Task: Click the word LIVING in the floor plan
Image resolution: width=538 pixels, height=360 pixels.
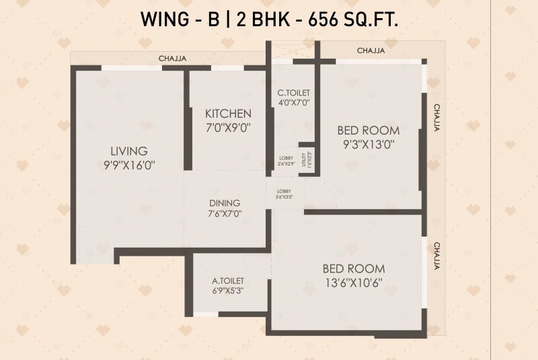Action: pos(129,151)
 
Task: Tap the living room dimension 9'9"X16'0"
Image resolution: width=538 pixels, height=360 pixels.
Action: pos(129,164)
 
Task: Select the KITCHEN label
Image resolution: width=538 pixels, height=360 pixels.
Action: pos(229,114)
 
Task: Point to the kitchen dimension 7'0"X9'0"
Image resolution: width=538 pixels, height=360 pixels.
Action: pos(229,127)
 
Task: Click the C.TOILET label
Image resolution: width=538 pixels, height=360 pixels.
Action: pos(293,93)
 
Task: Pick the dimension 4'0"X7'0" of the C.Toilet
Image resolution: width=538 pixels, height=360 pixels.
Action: pos(293,103)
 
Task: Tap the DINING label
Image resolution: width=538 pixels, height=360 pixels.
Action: pos(224,203)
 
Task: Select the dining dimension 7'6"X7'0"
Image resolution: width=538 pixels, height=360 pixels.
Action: pos(224,213)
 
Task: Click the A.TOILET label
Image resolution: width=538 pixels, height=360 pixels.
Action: pos(228,281)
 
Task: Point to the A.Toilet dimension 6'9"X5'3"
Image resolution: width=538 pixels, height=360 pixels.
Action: pos(228,291)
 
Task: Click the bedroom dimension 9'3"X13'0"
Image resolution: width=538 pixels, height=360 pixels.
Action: pos(368,143)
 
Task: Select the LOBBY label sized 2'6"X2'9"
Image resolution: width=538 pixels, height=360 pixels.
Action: pos(286,161)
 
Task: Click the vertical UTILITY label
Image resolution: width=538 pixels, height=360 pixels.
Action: pos(305,159)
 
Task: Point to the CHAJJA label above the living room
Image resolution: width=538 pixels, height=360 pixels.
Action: pos(172,59)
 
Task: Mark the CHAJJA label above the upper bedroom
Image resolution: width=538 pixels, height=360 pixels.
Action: pos(371,50)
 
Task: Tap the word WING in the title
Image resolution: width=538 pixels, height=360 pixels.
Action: pos(162,20)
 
